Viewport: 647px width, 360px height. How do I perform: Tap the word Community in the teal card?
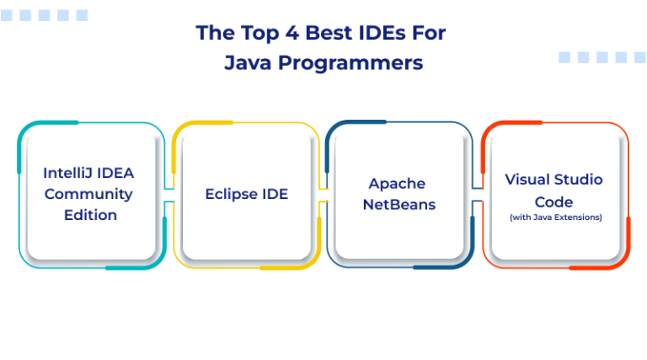tap(88, 194)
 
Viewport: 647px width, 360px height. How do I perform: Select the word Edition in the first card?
tap(90, 215)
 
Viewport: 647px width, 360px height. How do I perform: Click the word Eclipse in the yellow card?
tap(230, 194)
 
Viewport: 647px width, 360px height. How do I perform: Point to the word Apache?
tap(397, 183)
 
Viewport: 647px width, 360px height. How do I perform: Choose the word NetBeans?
tap(399, 204)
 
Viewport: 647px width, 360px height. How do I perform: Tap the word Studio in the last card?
tap(580, 180)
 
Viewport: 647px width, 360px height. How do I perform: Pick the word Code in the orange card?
tap(554, 202)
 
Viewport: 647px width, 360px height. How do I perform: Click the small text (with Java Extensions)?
tap(555, 218)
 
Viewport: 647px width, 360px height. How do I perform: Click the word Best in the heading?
tap(320, 33)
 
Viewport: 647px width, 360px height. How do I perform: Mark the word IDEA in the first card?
tap(115, 173)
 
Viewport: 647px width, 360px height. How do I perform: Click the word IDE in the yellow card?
tap(275, 194)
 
